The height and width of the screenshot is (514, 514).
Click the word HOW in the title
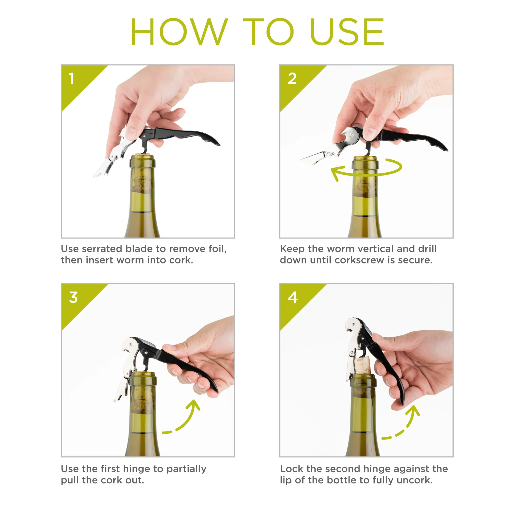click(179, 32)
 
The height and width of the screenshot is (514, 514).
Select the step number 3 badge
click(73, 297)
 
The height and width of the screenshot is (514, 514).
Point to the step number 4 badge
click(293, 297)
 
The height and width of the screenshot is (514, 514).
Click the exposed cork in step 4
click(362, 365)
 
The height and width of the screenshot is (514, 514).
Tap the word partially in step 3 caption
click(186, 469)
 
